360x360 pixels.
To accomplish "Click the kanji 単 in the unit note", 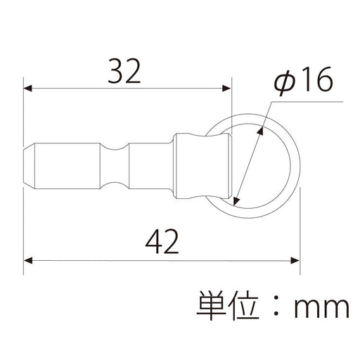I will pos(212,306).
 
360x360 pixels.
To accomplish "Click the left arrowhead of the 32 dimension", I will pos(29,89).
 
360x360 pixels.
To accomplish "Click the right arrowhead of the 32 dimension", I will pos(226,89).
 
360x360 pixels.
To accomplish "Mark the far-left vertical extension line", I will pos(25,176).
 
